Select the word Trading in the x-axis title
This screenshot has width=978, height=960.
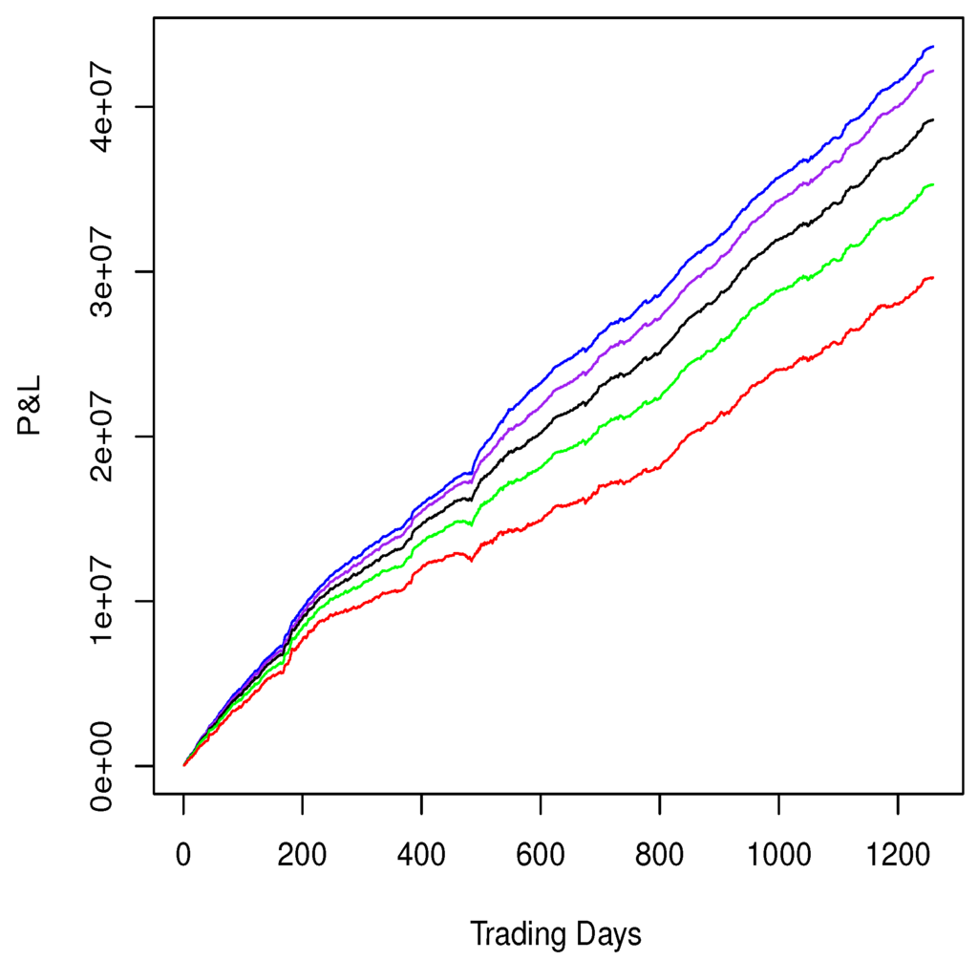click(517, 932)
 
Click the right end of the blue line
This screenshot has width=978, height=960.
click(933, 47)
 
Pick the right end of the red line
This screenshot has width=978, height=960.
click(933, 277)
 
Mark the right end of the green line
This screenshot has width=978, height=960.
click(933, 184)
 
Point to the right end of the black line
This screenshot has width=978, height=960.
click(933, 119)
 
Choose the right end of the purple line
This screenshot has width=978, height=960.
click(933, 71)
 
